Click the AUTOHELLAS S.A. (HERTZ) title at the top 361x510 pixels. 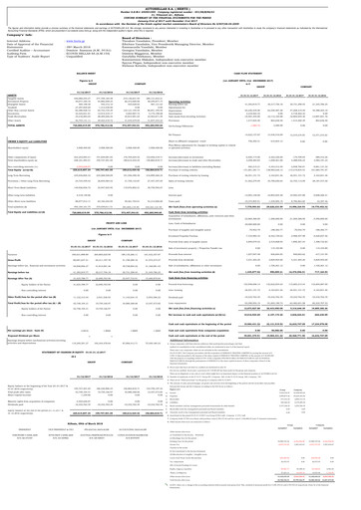point(180,4)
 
